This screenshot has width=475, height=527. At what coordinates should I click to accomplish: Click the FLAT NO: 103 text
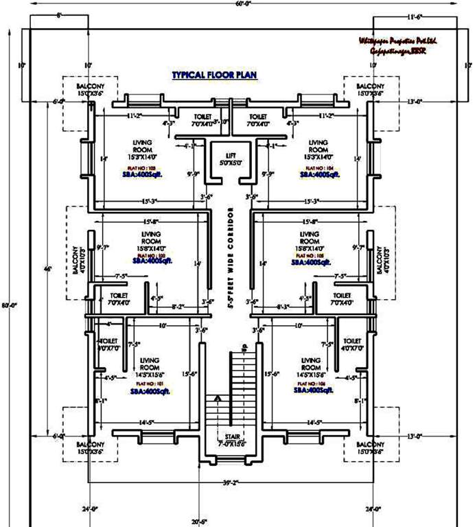tap(141, 167)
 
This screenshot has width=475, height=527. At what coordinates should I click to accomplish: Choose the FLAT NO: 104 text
tap(319, 167)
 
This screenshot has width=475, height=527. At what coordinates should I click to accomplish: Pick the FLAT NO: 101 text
tap(150, 384)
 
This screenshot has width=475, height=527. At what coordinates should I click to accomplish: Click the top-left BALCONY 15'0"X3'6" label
tap(89, 89)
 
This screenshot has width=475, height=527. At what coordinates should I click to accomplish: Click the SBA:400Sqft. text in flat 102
tap(153, 261)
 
